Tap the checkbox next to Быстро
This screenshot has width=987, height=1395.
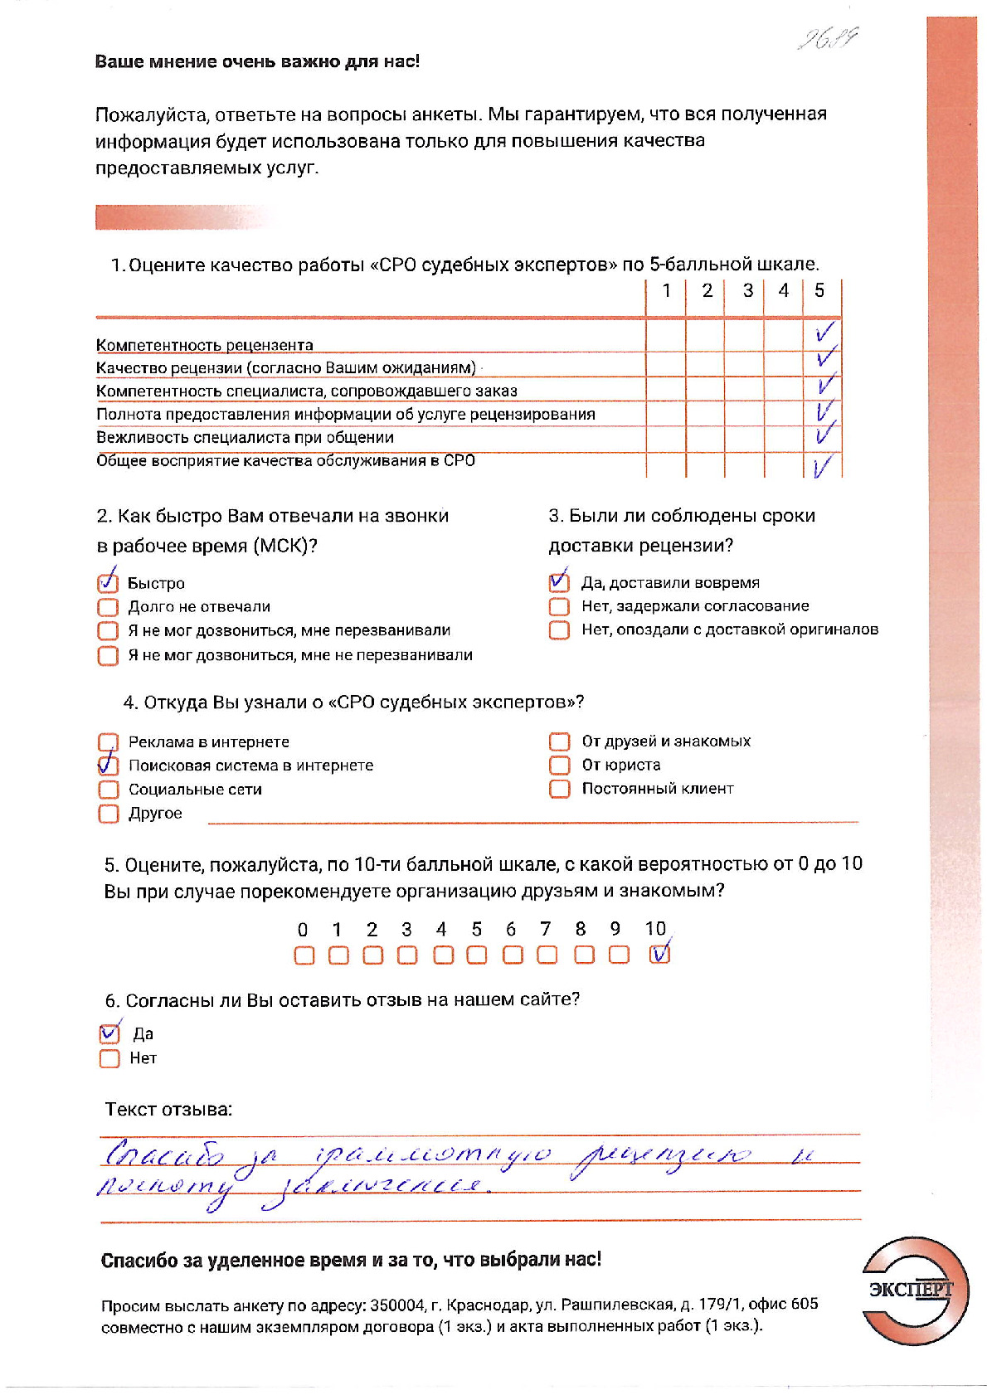(108, 583)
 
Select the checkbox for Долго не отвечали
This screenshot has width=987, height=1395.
(108, 607)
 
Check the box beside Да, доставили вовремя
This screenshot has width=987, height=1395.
(559, 582)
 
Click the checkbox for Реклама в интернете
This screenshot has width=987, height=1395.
(108, 741)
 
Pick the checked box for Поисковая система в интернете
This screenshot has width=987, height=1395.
(108, 765)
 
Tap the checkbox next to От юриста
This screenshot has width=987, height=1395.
(560, 765)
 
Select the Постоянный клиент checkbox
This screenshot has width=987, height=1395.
(560, 788)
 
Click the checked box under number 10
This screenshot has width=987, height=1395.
(659, 955)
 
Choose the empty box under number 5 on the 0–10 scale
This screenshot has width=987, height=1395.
(476, 955)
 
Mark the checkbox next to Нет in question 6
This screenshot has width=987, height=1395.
(109, 1058)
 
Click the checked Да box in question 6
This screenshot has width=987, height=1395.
(109, 1034)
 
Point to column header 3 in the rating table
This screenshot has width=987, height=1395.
(747, 290)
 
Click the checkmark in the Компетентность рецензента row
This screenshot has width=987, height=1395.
(824, 333)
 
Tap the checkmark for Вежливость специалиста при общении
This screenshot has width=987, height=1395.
(824, 433)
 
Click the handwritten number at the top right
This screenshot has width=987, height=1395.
(827, 39)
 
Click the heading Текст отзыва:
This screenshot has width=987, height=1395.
(168, 1109)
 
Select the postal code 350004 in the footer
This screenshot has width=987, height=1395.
(397, 1305)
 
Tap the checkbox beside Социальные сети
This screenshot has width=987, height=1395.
(108, 790)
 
